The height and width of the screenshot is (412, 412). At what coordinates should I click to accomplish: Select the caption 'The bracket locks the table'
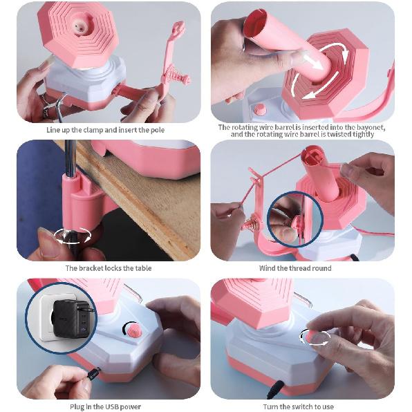tap(109, 268)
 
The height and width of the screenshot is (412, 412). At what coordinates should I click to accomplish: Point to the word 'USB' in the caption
tap(116, 406)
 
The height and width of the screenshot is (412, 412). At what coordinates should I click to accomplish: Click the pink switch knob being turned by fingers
tap(319, 337)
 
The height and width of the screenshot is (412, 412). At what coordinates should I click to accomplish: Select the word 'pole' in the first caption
tap(156, 129)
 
